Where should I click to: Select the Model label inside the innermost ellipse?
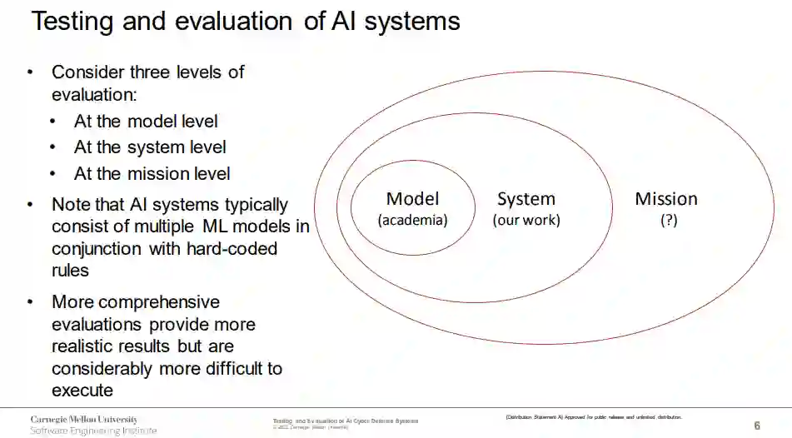pos(412,199)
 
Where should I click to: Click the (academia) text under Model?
pos(412,221)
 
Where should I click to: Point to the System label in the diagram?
pos(526,199)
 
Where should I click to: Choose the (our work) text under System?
pos(526,221)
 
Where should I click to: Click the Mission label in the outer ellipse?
pos(666,199)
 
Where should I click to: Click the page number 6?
pos(756,426)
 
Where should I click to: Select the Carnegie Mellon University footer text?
pos(84,419)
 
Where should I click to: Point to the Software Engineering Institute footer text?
pos(93,431)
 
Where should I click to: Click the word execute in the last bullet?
pos(82,390)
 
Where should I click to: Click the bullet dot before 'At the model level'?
pos(53,122)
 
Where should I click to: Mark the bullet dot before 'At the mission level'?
pos(53,174)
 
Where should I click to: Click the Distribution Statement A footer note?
pos(593,416)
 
